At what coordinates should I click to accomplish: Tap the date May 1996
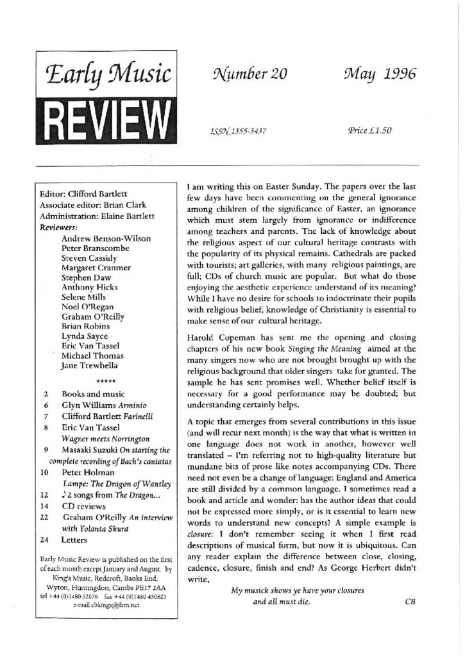pyautogui.click(x=379, y=74)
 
